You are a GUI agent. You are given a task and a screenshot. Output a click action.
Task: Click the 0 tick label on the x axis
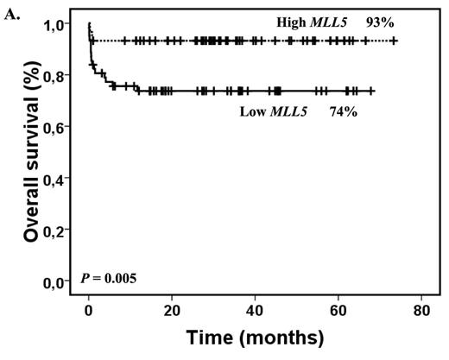point(89,309)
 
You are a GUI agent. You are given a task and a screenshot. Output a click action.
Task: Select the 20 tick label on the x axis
point(171,309)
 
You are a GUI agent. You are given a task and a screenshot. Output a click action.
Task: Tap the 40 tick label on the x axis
point(255,309)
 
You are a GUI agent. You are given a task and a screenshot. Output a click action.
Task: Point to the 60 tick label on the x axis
point(338,309)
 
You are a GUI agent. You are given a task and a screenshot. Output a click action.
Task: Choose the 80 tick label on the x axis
point(421,309)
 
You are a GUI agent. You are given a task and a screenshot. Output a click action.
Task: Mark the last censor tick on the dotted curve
point(395,41)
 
